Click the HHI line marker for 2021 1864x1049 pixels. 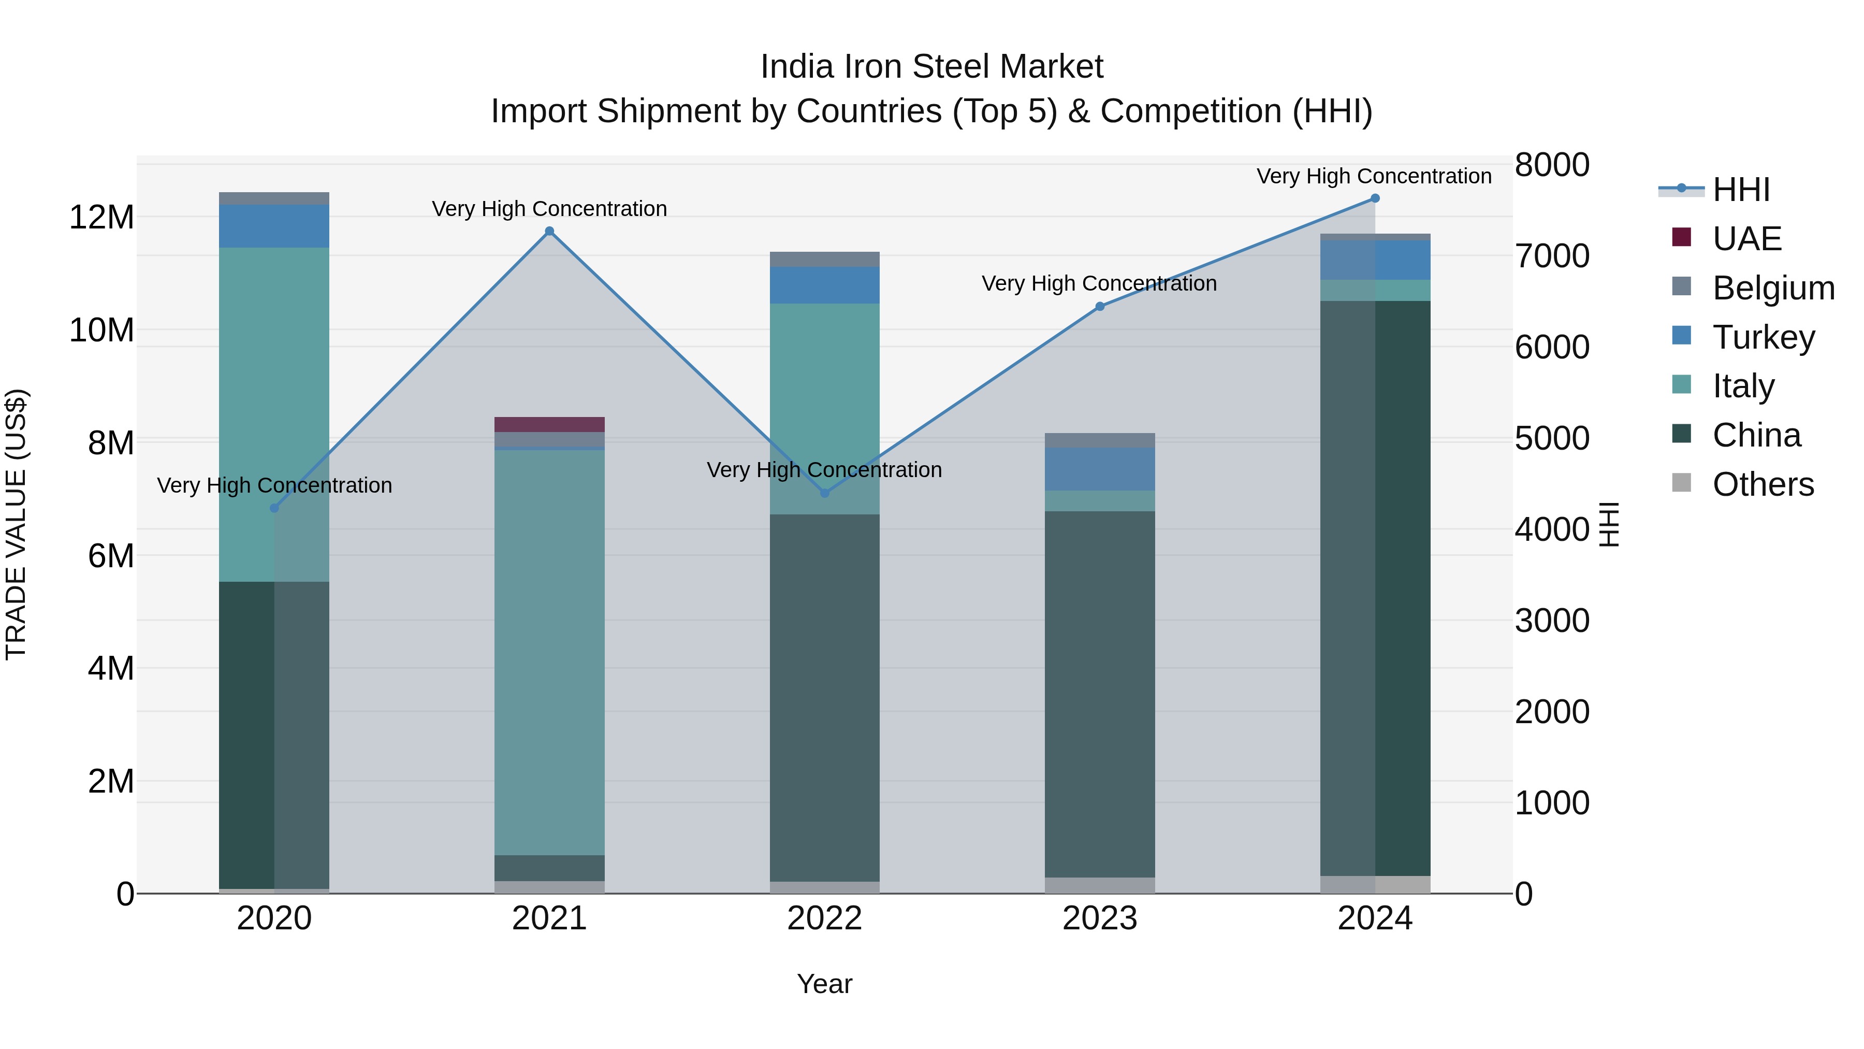[x=549, y=231]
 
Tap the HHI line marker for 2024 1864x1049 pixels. [x=1375, y=198]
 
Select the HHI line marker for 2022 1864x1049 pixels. [x=825, y=493]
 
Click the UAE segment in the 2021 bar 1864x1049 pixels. [x=549, y=424]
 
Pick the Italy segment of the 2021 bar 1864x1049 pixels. [x=549, y=652]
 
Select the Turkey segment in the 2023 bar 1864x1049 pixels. [x=1100, y=469]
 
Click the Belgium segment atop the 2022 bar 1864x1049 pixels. [x=825, y=259]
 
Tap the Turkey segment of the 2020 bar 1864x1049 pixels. [x=274, y=226]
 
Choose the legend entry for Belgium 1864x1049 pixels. [x=1773, y=288]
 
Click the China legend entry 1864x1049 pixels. [x=1756, y=435]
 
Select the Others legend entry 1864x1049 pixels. [x=1763, y=484]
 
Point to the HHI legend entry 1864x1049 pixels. [x=1741, y=190]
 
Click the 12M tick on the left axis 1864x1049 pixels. [x=101, y=217]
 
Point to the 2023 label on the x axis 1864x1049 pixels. [x=1100, y=918]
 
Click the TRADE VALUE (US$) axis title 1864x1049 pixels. [x=16, y=524]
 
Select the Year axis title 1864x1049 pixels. [x=824, y=984]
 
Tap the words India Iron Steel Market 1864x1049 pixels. [x=931, y=67]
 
